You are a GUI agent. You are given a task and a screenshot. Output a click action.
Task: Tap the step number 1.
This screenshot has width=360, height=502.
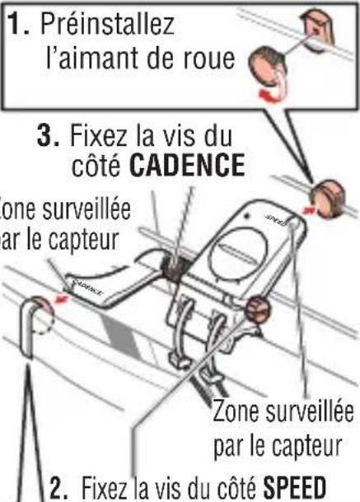[16, 25]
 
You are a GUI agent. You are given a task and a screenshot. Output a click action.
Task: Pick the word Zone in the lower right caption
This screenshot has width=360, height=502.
[233, 410]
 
